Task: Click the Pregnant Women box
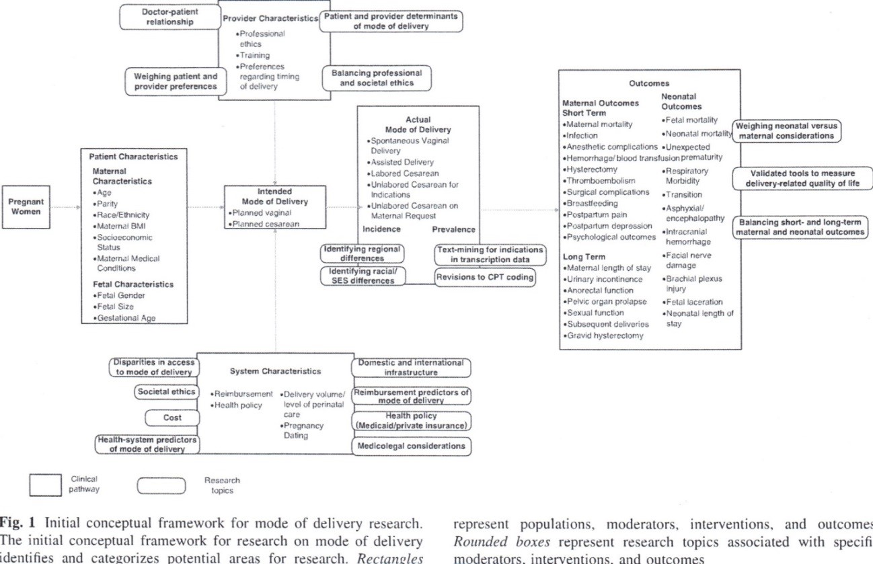pyautogui.click(x=26, y=206)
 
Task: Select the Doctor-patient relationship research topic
pyautogui.click(x=169, y=17)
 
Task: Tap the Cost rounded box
pyautogui.click(x=172, y=417)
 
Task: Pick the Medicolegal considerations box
pyautogui.click(x=410, y=446)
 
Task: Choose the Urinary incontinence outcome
pyautogui.click(x=604, y=279)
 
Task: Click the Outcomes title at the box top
pyautogui.click(x=648, y=83)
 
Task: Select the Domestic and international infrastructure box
pyautogui.click(x=410, y=367)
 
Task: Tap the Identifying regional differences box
pyautogui.click(x=362, y=253)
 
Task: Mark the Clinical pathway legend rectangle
pyautogui.click(x=45, y=485)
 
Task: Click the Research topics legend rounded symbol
pyautogui.click(x=160, y=485)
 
